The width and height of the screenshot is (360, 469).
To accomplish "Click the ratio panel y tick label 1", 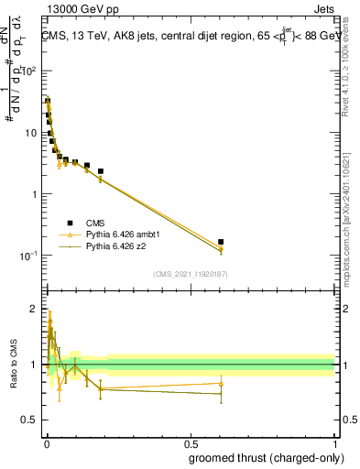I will pos(33,365).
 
